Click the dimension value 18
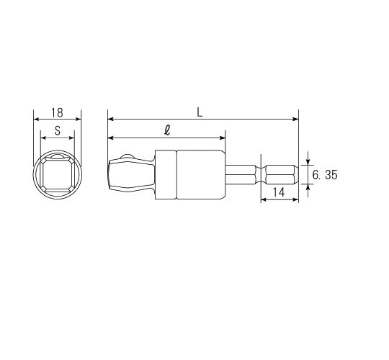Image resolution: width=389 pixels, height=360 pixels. (57, 113)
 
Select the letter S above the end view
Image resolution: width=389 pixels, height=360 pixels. (57, 132)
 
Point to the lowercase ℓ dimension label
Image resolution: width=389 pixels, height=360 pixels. (167, 130)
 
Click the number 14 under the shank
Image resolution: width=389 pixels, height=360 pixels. (280, 192)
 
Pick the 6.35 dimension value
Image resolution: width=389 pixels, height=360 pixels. (325, 175)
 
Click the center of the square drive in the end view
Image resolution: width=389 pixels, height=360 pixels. (58, 175)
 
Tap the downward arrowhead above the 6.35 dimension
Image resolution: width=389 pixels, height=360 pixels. (308, 162)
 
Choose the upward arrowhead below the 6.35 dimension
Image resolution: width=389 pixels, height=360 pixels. (308, 187)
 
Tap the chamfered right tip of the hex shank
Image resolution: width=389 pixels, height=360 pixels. (296, 175)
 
